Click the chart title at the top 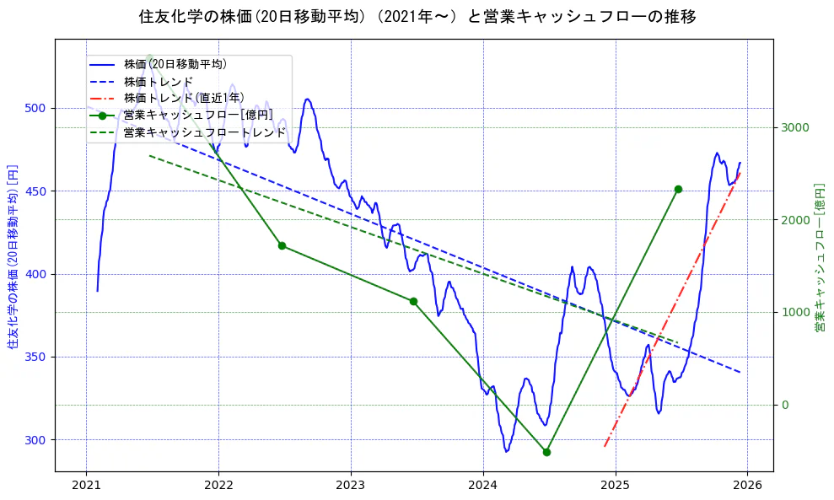(417, 16)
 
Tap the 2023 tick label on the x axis (351, 485)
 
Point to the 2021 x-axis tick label (86, 485)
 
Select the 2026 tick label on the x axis (747, 485)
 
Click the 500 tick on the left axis (40, 109)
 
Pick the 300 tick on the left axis (40, 440)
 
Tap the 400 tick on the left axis (40, 275)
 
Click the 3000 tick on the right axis (795, 128)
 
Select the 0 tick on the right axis (785, 406)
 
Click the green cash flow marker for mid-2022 (282, 245)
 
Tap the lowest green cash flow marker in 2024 (546, 452)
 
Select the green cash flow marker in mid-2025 (678, 189)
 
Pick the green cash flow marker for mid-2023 (413, 301)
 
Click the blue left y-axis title (13, 257)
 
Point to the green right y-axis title (819, 257)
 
